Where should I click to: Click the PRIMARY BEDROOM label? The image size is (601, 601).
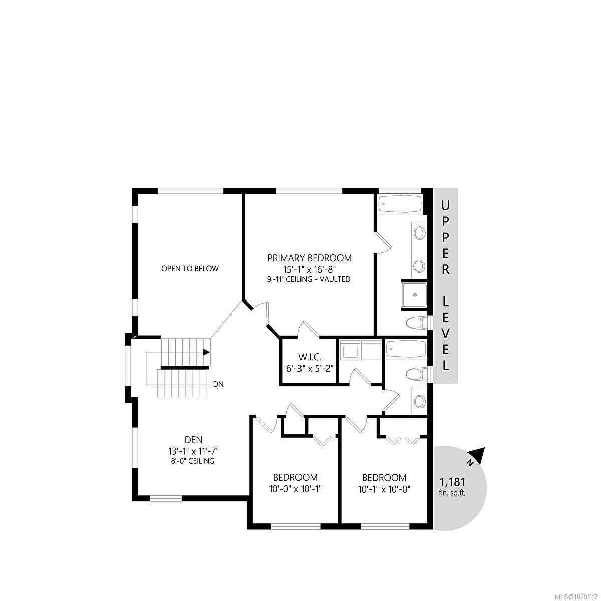pyautogui.click(x=310, y=258)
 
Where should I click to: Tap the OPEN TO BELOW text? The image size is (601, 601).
pyautogui.click(x=190, y=269)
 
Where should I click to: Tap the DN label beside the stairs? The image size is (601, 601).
pyautogui.click(x=218, y=385)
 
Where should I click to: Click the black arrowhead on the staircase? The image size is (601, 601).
pyautogui.click(x=206, y=352)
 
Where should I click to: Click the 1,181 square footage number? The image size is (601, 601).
pyautogui.click(x=453, y=482)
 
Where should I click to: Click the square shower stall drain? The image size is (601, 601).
pyautogui.click(x=415, y=295)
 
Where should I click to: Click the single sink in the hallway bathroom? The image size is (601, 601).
pyautogui.click(x=420, y=401)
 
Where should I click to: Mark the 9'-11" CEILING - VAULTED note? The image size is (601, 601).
pyautogui.click(x=309, y=279)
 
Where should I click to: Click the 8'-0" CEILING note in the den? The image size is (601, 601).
pyautogui.click(x=193, y=461)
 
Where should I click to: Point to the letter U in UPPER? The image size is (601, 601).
pyautogui.click(x=445, y=205)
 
